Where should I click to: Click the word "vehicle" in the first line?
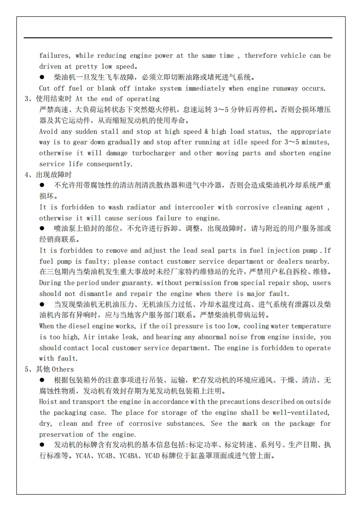[x=293, y=56]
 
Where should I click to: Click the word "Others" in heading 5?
[x=62, y=369]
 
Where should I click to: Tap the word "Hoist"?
[x=48, y=402]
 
